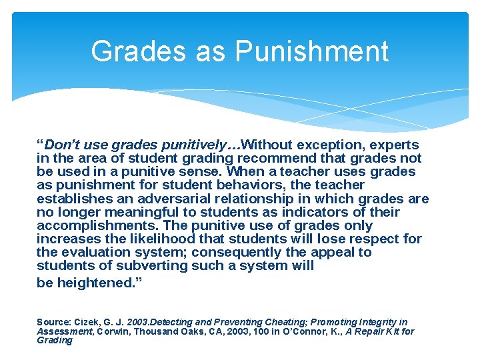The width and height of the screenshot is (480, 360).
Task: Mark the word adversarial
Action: (x=173, y=199)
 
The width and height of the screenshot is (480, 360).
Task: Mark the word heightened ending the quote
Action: (x=94, y=282)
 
